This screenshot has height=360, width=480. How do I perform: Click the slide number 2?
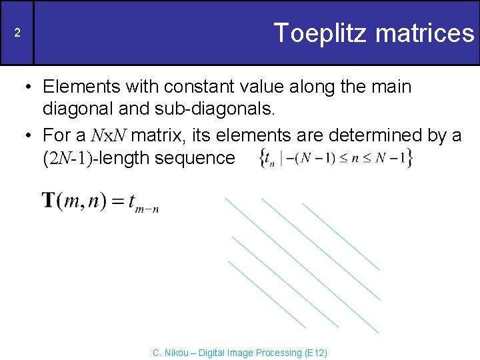point(18,33)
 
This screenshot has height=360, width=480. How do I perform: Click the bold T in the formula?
point(49,201)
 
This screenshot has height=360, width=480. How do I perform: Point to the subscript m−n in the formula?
point(147,209)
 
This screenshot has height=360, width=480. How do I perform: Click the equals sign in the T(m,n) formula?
point(118,201)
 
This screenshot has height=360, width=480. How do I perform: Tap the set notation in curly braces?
point(335,158)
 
